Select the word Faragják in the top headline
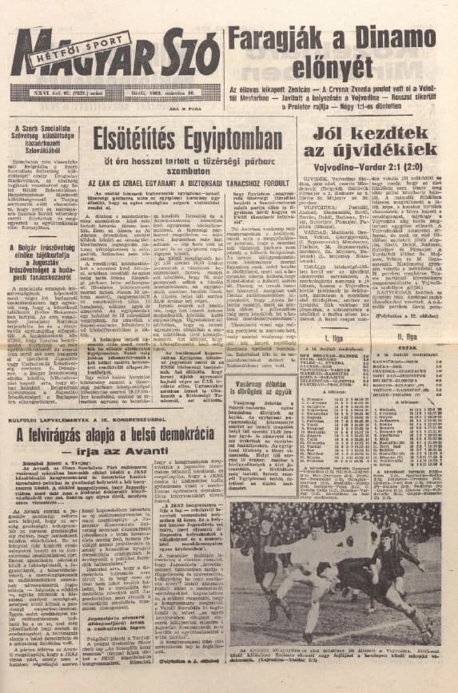point(279,37)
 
